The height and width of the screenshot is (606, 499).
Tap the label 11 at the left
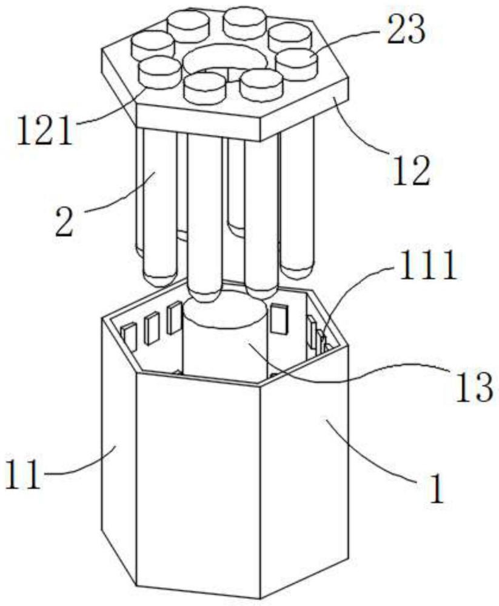click(x=24, y=474)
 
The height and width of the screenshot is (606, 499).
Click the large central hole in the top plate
click(x=224, y=61)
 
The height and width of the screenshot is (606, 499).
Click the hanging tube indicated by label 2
click(x=159, y=200)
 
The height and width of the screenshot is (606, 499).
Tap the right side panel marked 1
click(x=306, y=473)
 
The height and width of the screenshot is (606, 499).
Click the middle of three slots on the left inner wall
click(x=152, y=328)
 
